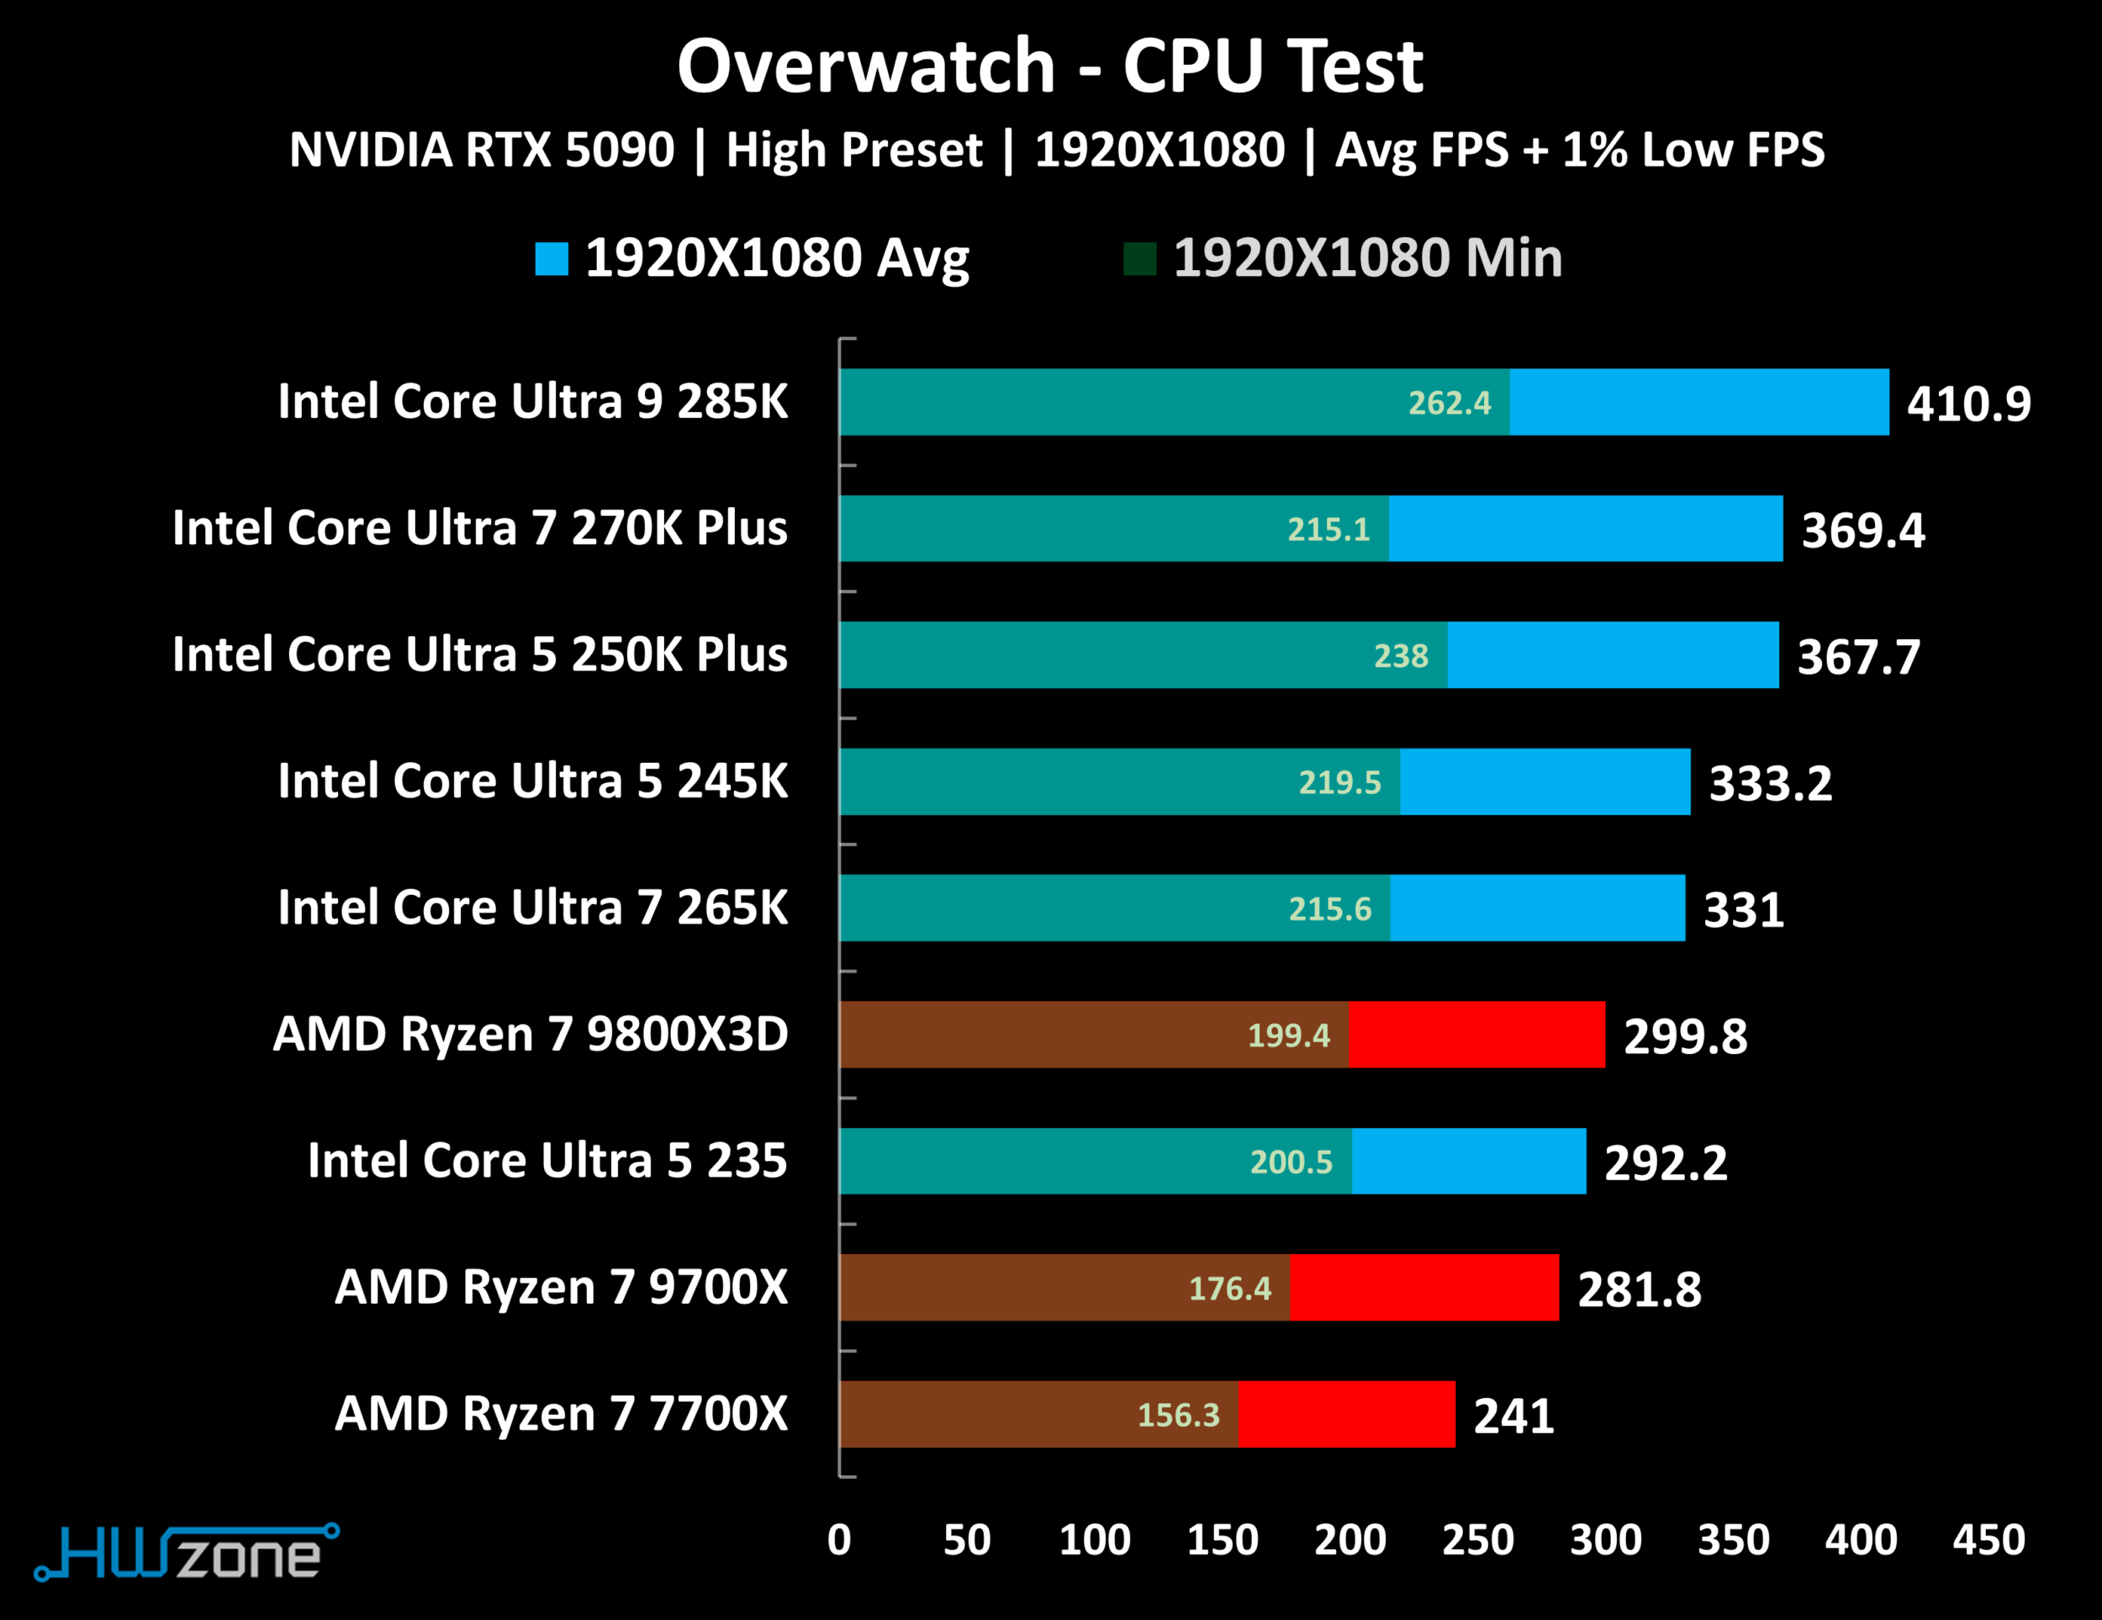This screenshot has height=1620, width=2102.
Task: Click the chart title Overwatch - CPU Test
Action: click(x=1050, y=67)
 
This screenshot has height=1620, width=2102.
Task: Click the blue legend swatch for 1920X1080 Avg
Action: click(x=552, y=258)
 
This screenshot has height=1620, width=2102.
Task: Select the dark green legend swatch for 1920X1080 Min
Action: click(x=1139, y=258)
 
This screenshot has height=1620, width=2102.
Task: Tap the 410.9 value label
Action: click(x=1968, y=405)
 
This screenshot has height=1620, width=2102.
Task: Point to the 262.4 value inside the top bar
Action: click(x=1450, y=402)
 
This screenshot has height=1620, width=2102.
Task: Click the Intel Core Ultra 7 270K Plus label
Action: click(x=479, y=528)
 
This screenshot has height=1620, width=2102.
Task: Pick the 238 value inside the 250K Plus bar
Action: click(x=1401, y=655)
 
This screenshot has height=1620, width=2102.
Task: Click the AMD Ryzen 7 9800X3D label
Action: click(x=531, y=1035)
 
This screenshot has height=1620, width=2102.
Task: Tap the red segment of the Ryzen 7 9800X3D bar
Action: click(x=1476, y=1035)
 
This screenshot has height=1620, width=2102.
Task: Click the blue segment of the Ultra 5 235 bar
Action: click(x=1469, y=1161)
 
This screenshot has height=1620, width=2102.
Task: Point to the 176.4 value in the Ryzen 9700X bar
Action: click(x=1230, y=1288)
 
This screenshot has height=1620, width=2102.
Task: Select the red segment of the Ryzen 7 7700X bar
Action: click(x=1346, y=1414)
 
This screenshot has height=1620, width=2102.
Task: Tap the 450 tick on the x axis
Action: click(x=1988, y=1540)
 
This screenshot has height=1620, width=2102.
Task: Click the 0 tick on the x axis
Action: click(x=839, y=1540)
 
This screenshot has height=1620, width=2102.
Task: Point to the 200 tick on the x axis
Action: click(x=1350, y=1540)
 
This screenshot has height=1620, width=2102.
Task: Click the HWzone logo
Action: click(x=187, y=1553)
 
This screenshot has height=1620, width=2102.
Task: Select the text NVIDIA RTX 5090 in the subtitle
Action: click(x=482, y=151)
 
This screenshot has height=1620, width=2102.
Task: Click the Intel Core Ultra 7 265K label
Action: click(x=532, y=908)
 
